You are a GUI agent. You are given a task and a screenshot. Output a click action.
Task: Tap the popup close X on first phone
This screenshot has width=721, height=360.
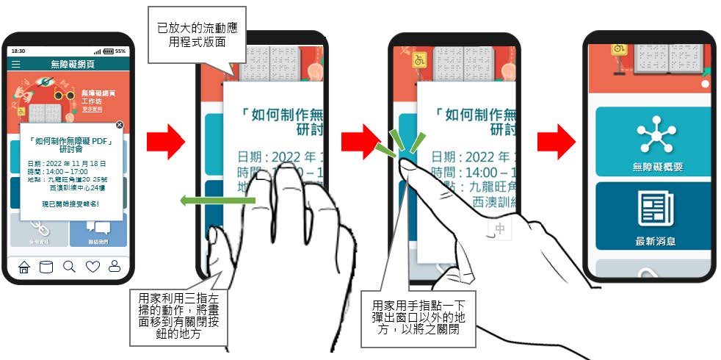click(x=120, y=125)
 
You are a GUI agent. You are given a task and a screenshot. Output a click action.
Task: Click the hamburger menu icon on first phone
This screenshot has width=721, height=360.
click(x=16, y=65)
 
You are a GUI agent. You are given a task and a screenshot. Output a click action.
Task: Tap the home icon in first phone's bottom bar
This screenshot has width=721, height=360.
click(x=23, y=267)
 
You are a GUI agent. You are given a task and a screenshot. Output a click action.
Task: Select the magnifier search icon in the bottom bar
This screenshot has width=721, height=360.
click(x=69, y=267)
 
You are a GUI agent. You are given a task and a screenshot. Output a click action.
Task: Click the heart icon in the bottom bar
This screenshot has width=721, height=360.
click(x=93, y=267)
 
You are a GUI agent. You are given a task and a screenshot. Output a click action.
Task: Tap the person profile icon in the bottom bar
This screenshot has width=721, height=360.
click(x=115, y=267)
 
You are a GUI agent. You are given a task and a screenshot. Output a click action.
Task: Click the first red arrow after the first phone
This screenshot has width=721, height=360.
click(x=167, y=142)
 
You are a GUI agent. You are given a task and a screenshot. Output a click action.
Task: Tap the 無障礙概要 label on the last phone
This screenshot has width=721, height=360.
click(x=657, y=168)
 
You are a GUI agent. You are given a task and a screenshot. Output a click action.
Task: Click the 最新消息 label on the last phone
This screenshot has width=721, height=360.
click(x=656, y=240)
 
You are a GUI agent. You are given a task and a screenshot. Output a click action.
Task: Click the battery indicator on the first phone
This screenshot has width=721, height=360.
click(x=109, y=51)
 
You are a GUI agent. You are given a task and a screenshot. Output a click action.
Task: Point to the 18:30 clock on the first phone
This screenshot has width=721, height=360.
click(x=18, y=51)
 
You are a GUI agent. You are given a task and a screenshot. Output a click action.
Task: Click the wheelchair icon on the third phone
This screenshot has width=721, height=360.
click(x=420, y=60)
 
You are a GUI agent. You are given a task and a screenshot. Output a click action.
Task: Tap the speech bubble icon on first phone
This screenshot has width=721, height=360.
click(x=98, y=228)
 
